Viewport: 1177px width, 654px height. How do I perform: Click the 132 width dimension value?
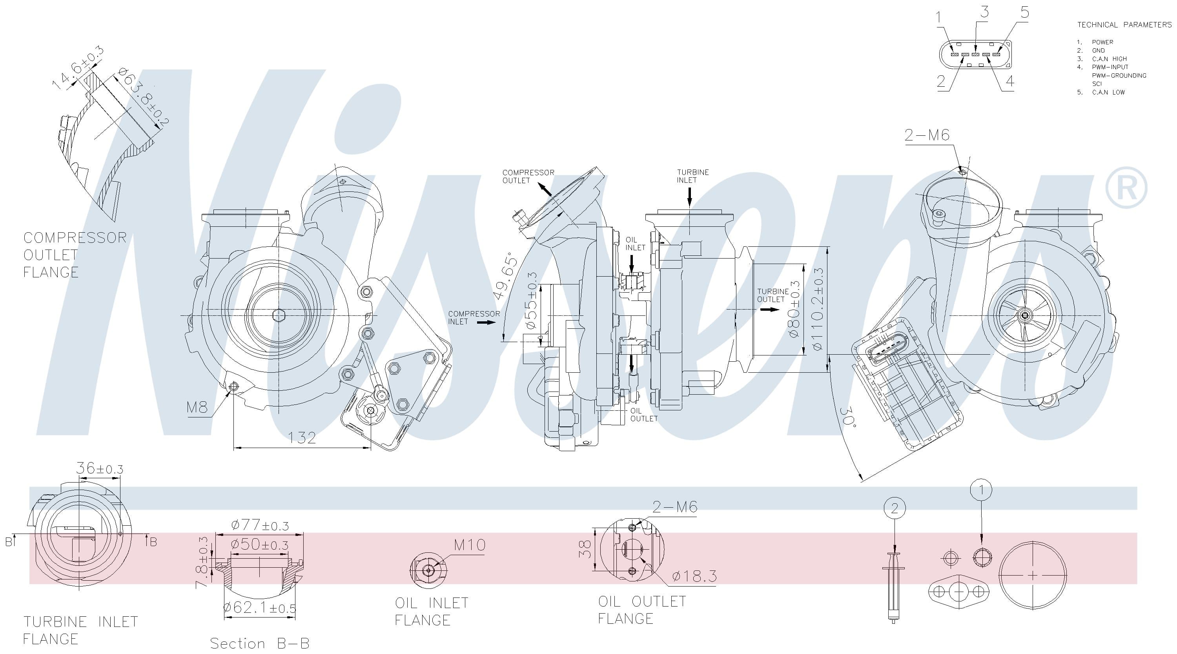302,438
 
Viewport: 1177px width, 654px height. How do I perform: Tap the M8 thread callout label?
197,407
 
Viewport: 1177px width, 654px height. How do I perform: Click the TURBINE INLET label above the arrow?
693,176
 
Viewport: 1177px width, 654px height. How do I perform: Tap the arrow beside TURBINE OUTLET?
770,310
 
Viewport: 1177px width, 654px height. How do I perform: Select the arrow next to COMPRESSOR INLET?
486,322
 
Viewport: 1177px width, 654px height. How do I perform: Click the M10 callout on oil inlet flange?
470,545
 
